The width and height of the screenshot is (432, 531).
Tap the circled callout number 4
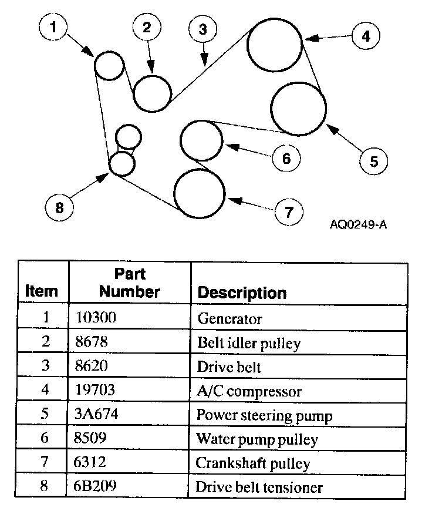tap(366, 36)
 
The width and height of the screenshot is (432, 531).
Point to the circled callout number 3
tap(203, 29)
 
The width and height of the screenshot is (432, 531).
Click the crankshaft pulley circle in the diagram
tap(200, 193)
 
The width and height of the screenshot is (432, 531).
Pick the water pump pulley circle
tap(201, 140)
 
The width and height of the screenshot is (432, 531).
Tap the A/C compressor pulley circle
tap(274, 44)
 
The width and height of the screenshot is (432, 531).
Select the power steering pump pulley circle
tap(298, 108)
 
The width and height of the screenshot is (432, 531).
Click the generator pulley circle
tap(109, 65)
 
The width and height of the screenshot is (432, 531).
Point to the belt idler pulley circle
tap(153, 93)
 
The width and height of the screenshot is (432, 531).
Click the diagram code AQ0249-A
tap(359, 224)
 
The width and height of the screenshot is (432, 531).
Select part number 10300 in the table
tap(96, 318)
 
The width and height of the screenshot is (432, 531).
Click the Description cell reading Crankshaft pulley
tap(252, 463)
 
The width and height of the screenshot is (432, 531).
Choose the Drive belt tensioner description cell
tap(259, 487)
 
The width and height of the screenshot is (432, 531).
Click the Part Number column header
tap(130, 283)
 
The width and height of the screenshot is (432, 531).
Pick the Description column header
tap(242, 293)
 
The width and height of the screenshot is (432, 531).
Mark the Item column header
tap(42, 291)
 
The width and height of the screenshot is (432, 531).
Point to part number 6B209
tap(97, 487)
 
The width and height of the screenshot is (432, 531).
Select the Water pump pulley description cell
tap(256, 439)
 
